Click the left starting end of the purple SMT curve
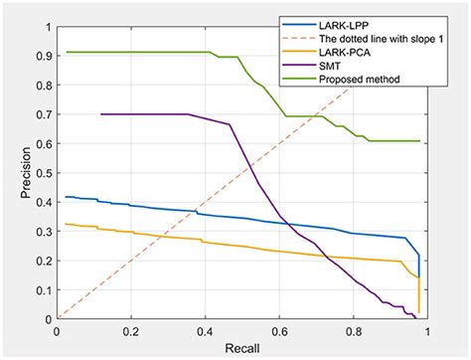(x=101, y=114)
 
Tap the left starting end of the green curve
(x=66, y=52)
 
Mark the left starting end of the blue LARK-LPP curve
(x=66, y=197)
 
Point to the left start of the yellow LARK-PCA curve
(x=66, y=224)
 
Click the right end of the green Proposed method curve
(x=419, y=141)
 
